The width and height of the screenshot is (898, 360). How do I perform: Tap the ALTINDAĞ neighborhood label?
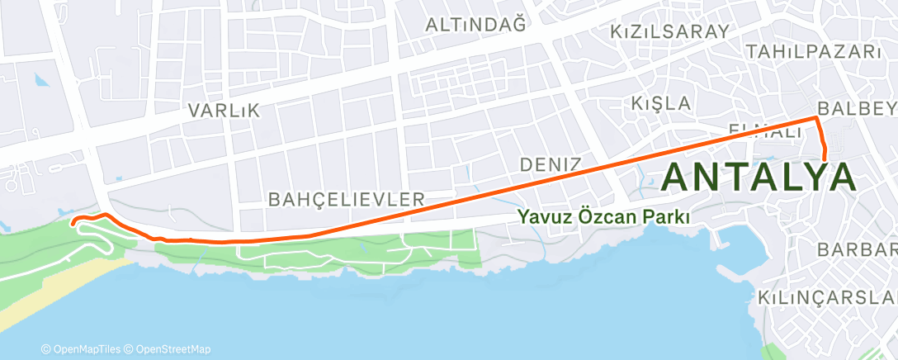(x=475, y=25)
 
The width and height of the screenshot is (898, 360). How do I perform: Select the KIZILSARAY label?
(x=669, y=31)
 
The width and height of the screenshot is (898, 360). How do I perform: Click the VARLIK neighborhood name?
(x=224, y=110)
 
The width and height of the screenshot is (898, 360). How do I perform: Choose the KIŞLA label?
(x=659, y=103)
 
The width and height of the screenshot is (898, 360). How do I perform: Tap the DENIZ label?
(x=551, y=164)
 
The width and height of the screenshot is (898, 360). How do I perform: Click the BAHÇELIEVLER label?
(x=347, y=199)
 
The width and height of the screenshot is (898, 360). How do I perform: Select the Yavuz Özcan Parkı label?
(x=603, y=217)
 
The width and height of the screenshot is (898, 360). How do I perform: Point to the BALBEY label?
(x=856, y=109)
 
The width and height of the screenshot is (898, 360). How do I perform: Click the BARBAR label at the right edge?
(x=856, y=249)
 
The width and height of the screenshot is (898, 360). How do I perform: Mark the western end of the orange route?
(x=73, y=222)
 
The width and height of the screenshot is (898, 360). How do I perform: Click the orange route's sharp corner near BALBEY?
(x=817, y=119)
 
